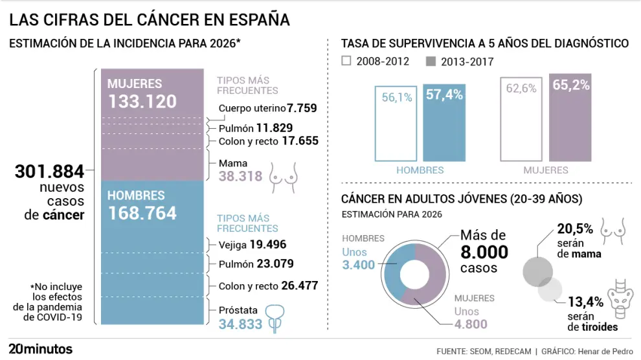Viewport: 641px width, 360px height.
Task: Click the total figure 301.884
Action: (x=50, y=172)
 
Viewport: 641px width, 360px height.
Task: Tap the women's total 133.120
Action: (x=142, y=102)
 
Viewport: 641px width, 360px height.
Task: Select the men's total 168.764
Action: (x=142, y=213)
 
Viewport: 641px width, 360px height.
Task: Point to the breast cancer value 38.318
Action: (x=240, y=176)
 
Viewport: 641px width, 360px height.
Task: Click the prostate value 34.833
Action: (x=240, y=324)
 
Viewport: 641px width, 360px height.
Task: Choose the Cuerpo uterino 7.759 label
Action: (x=267, y=108)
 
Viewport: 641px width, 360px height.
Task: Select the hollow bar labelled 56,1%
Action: (x=396, y=123)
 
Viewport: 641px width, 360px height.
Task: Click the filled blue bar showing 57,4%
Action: (x=444, y=123)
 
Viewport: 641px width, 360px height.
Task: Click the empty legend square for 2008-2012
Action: (x=346, y=62)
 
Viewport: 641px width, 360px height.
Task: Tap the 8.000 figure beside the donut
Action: (x=484, y=252)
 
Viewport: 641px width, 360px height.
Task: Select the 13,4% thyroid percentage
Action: (x=585, y=301)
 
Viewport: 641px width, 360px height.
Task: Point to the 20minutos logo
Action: (x=40, y=349)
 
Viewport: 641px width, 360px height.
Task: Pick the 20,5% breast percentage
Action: (x=574, y=229)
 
